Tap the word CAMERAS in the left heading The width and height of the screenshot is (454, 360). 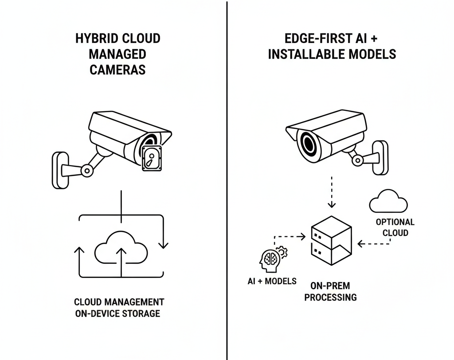(117, 70)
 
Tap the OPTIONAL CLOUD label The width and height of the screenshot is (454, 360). (395, 227)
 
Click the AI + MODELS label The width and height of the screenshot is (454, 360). (272, 281)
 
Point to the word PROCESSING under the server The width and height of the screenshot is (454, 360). (330, 297)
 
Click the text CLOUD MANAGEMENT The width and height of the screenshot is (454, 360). (119, 302)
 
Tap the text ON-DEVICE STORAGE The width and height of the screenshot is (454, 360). (117, 314)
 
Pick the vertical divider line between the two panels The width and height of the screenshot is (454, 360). (227, 177)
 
